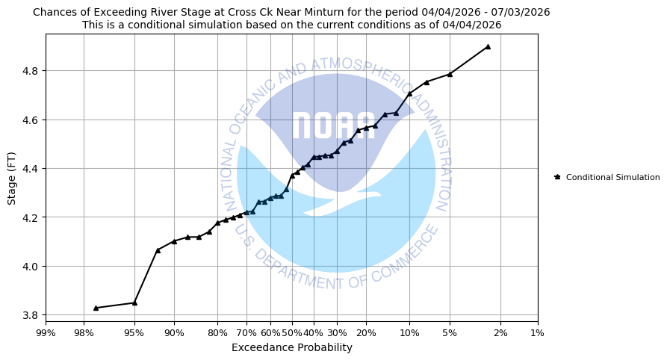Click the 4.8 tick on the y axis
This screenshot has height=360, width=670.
(x=31, y=71)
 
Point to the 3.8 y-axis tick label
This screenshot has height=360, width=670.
(x=31, y=315)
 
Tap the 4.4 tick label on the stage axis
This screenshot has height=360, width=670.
(x=31, y=169)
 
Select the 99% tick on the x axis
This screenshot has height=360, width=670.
(x=46, y=332)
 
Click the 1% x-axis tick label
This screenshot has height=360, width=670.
(x=537, y=332)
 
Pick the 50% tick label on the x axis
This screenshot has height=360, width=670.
(x=291, y=332)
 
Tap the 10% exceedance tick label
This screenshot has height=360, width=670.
(x=409, y=332)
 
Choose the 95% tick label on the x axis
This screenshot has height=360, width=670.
(x=134, y=332)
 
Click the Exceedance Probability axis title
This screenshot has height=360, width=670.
(x=291, y=347)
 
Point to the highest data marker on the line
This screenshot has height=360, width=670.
(x=488, y=46)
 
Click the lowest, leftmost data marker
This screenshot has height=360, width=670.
(x=96, y=308)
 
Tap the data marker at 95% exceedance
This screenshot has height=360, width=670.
(x=134, y=302)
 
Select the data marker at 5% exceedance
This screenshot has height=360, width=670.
(x=450, y=74)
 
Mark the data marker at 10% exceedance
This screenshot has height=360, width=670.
(x=409, y=93)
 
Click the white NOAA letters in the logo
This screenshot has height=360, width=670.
(x=333, y=126)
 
